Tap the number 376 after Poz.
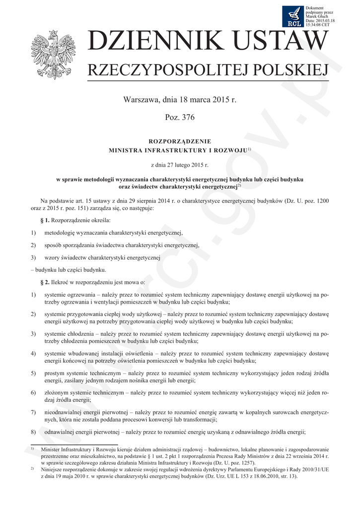click(x=188, y=118)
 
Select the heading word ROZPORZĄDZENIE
click(x=180, y=141)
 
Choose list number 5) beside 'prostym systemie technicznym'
click(x=33, y=373)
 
